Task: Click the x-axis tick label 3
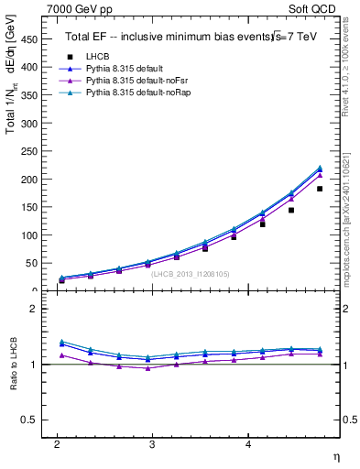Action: pos(152,444)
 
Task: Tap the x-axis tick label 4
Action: pos(248,444)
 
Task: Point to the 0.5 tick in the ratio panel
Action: pos(33,420)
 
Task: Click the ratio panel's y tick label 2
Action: pos(37,309)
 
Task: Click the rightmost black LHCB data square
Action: pos(320,189)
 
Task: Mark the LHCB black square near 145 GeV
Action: pos(291,210)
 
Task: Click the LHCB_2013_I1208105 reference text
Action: pos(190,273)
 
